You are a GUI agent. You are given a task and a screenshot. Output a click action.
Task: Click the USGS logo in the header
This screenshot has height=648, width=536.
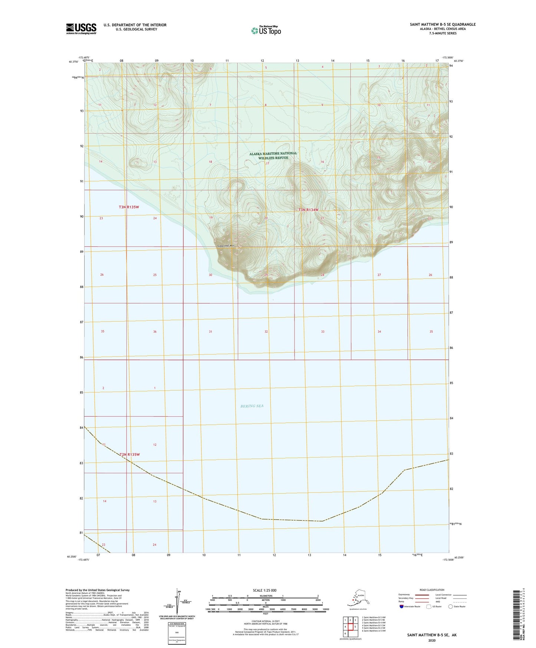point(81,29)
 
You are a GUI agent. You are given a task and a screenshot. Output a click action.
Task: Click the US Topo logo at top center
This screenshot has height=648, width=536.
point(266,30)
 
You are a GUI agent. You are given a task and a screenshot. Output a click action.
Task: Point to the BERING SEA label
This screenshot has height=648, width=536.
point(252,406)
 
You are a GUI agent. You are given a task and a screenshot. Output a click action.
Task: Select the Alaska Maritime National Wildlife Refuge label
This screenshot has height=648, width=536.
point(273,156)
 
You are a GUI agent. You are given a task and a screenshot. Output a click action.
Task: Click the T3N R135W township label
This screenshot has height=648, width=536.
point(129,207)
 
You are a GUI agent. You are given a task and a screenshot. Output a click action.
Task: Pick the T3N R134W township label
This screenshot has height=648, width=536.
point(308,210)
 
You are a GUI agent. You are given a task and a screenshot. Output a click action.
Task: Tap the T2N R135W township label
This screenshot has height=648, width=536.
point(129,454)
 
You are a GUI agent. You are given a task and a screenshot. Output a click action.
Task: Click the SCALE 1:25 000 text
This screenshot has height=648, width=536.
point(264,590)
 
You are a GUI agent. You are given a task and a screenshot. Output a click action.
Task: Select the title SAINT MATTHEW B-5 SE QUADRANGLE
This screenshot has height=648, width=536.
point(443,24)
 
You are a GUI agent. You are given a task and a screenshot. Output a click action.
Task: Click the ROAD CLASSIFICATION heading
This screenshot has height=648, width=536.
point(431,590)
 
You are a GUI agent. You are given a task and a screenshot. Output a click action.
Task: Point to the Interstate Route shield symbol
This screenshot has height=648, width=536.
point(402,606)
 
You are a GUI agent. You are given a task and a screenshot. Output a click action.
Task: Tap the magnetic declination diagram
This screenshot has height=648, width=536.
point(177,602)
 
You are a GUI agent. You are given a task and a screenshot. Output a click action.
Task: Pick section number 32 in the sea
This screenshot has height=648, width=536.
point(266,331)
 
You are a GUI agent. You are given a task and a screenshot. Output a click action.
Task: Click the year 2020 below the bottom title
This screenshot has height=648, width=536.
point(432,640)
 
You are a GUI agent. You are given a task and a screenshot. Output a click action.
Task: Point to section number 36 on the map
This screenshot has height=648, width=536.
point(155,331)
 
